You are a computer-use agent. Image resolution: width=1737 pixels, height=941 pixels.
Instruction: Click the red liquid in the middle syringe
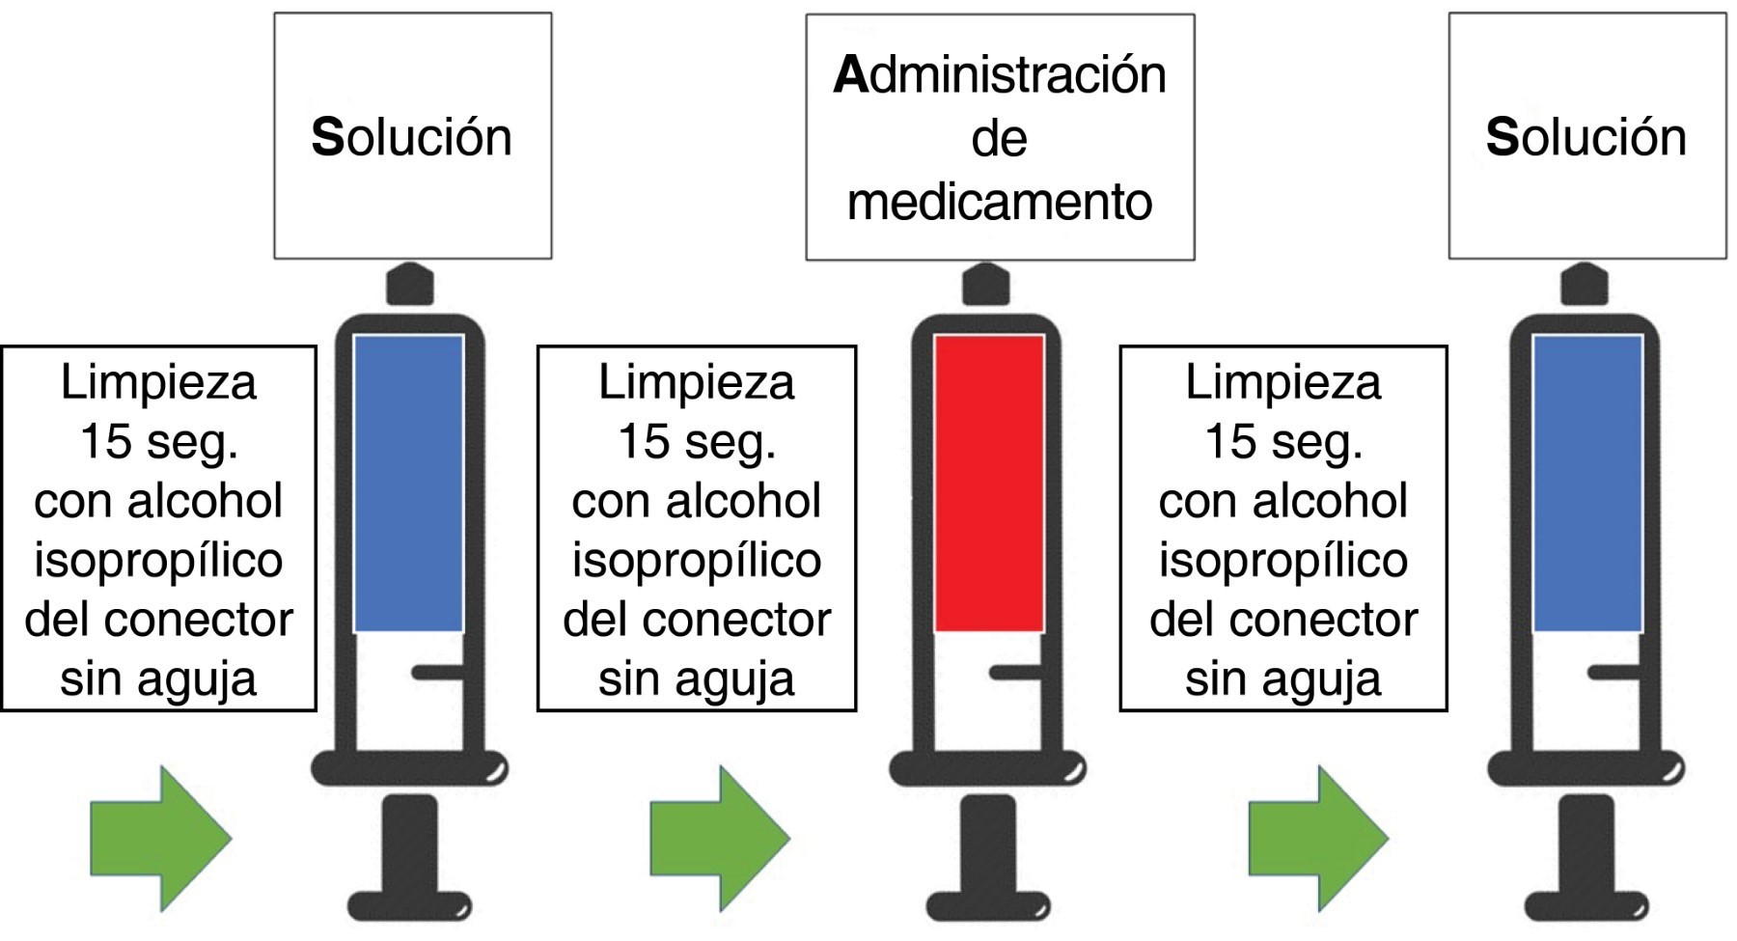tap(989, 483)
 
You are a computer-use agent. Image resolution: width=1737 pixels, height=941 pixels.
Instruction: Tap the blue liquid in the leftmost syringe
tap(408, 483)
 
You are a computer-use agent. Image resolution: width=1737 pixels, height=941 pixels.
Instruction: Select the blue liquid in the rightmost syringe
tap(1587, 483)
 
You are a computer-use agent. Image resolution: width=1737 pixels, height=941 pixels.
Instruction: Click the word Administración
tap(1000, 75)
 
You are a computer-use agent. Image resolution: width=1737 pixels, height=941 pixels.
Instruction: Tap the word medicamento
tap(1000, 203)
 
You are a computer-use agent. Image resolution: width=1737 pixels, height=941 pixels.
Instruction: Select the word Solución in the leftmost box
tap(412, 137)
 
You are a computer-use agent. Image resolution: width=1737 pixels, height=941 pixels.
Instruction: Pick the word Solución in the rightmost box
tap(1586, 137)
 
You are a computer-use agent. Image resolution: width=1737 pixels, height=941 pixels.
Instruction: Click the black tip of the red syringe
tap(986, 285)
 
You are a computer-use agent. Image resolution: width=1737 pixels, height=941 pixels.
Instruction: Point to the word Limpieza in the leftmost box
tap(159, 382)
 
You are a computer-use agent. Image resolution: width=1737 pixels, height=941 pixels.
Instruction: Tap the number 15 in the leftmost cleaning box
tap(105, 442)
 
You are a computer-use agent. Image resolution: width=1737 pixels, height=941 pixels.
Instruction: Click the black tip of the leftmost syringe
tap(410, 285)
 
